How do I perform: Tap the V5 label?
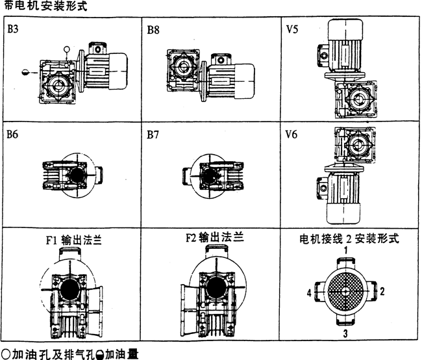tap(293, 30)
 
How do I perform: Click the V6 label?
tap(293, 136)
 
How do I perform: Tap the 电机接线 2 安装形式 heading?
tap(348, 238)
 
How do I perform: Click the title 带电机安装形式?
tap(44, 7)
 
